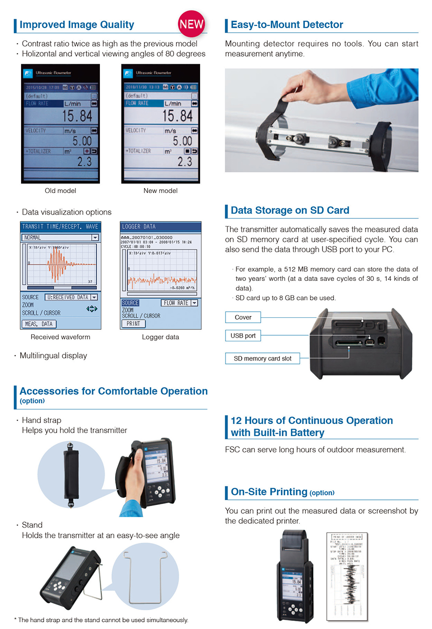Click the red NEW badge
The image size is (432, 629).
tap(192, 24)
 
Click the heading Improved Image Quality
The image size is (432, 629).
tap(77, 24)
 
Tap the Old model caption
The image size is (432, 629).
tap(60, 191)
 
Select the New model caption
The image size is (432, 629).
tap(160, 191)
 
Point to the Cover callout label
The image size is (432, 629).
tap(243, 317)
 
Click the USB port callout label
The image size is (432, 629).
tap(243, 336)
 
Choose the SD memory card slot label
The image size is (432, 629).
tap(263, 358)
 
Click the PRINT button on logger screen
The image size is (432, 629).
tap(133, 324)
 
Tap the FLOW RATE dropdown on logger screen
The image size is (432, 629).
tap(179, 303)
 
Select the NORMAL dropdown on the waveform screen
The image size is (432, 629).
tap(60, 237)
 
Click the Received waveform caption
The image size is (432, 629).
tap(60, 337)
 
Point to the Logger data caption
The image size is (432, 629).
tap(160, 337)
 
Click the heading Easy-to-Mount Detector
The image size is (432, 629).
tap(287, 24)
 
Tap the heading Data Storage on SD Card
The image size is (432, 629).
tap(290, 210)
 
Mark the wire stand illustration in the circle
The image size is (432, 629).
tap(144, 575)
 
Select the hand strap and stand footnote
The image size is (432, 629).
tap(101, 620)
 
